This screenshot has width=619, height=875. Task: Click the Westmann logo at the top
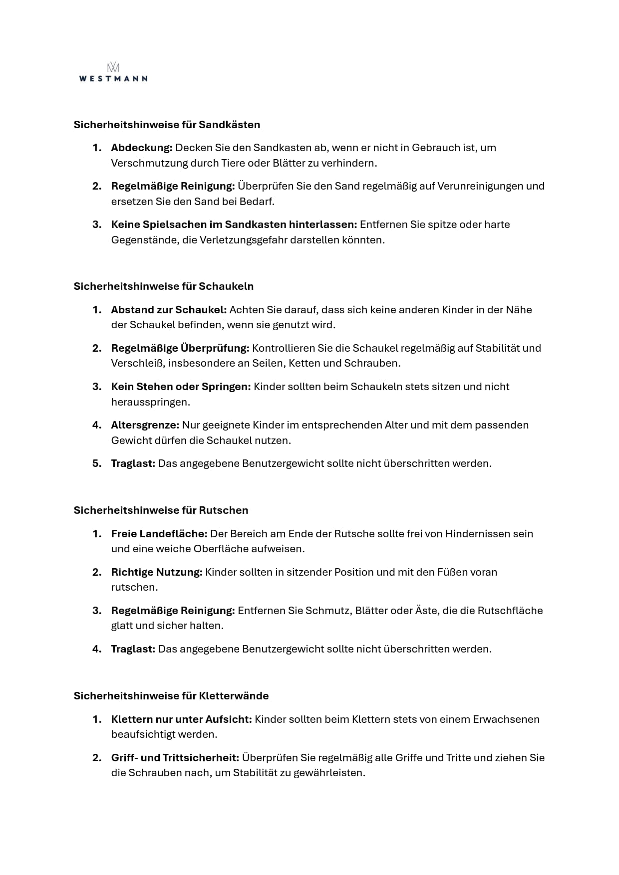click(113, 72)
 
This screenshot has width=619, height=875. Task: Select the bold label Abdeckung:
click(141, 148)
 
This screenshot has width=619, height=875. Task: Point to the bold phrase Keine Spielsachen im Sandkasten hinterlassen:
click(234, 224)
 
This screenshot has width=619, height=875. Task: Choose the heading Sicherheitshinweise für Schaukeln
click(163, 286)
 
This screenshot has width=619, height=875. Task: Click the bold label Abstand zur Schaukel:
click(169, 310)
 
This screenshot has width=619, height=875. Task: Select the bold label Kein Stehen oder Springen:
click(181, 387)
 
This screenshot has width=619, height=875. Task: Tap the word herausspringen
click(150, 402)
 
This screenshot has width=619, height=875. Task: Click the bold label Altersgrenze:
click(145, 425)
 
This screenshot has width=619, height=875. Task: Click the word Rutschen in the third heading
click(223, 510)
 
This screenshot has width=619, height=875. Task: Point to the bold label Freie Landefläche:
click(159, 534)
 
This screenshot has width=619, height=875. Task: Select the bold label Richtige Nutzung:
click(156, 572)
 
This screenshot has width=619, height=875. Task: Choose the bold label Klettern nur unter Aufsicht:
click(181, 719)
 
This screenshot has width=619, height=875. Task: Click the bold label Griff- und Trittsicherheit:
click(175, 758)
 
